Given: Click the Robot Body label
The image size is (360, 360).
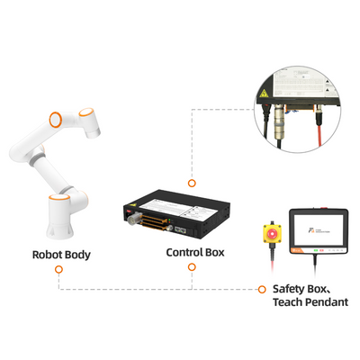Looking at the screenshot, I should (x=61, y=255).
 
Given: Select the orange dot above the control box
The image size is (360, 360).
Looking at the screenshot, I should (x=191, y=181).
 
